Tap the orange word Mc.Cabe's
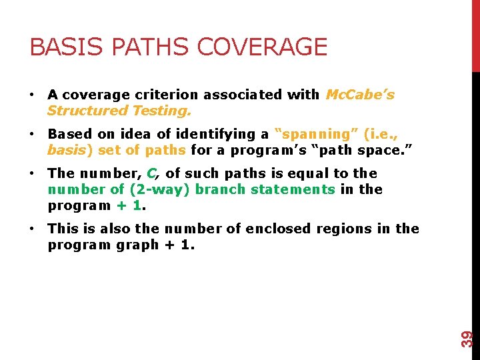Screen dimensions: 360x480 (x=360, y=95)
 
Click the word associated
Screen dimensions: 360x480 (x=243, y=95)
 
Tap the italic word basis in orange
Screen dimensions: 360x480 (x=67, y=150)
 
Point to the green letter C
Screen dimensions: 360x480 (x=151, y=173)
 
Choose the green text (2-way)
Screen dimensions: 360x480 (x=151, y=189)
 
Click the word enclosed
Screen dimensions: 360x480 (x=277, y=229)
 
